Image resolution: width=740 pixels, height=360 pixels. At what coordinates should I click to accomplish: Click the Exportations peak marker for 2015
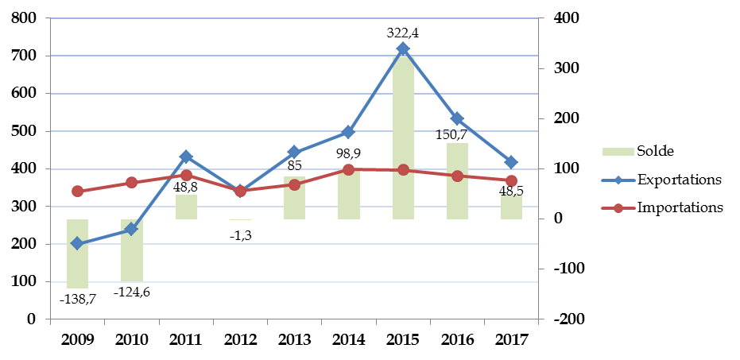[403, 49]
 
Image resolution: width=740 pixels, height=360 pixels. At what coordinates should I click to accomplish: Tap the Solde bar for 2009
[77, 253]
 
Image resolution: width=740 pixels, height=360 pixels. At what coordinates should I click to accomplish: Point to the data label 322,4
[403, 33]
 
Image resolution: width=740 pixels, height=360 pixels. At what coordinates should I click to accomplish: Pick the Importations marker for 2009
[77, 191]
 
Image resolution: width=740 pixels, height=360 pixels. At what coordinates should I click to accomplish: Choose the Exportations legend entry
[659, 180]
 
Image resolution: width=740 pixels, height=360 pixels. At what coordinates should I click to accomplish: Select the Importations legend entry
[659, 207]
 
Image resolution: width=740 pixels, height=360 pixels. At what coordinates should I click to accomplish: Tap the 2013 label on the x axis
[294, 339]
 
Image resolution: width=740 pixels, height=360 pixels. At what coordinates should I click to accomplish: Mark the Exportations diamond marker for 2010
[132, 230]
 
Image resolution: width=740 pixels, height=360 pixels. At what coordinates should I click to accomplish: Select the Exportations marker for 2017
[511, 162]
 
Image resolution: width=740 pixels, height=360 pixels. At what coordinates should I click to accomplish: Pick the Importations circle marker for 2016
[457, 176]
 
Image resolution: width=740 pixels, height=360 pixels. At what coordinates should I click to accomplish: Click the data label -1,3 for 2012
[240, 236]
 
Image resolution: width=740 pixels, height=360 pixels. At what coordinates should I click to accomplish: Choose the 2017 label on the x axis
[511, 339]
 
